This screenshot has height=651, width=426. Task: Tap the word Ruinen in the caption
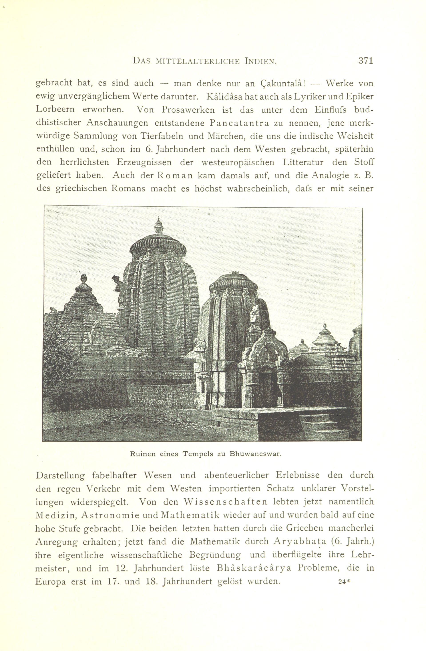(143, 454)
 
